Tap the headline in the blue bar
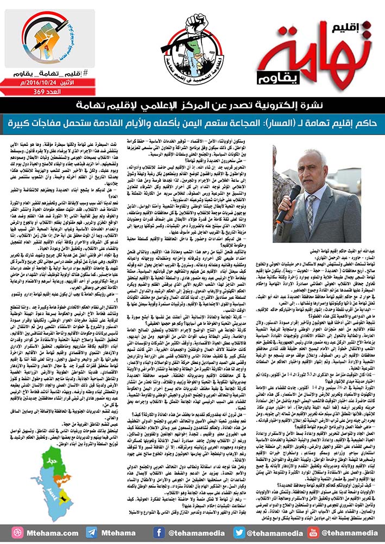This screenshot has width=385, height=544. pyautogui.click(x=192, y=117)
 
